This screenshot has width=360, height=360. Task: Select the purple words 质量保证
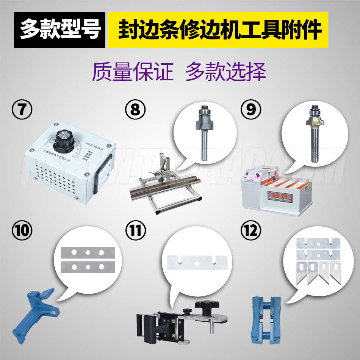132,72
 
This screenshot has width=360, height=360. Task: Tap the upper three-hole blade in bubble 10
88,252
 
